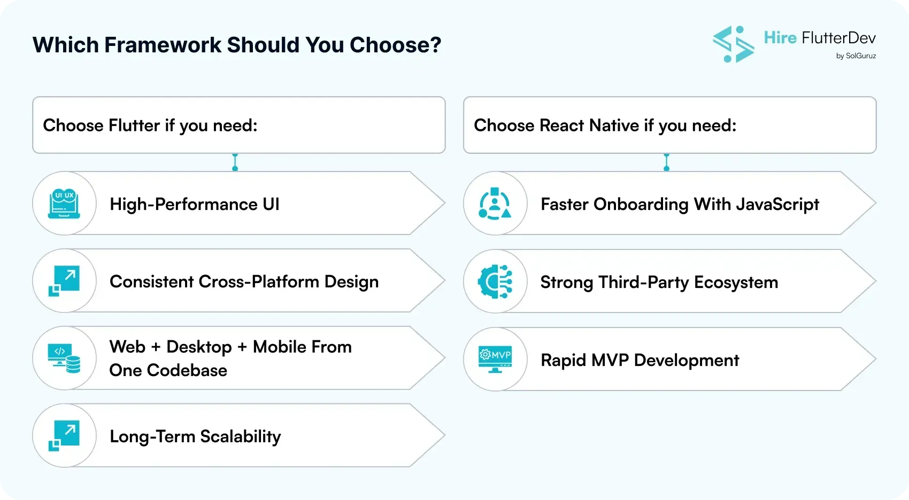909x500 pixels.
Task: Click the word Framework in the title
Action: pyautogui.click(x=163, y=45)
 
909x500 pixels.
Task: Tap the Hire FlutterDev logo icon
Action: pyautogui.click(x=733, y=44)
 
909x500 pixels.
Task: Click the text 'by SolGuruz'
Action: pyautogui.click(x=856, y=56)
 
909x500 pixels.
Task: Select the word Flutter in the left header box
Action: pyautogui.click(x=134, y=126)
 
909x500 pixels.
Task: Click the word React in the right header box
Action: pyautogui.click(x=561, y=126)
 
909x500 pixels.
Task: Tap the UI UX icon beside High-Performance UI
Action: pyautogui.click(x=64, y=204)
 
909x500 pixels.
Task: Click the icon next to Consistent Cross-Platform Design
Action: pyautogui.click(x=64, y=281)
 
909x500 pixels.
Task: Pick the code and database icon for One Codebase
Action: pyautogui.click(x=64, y=358)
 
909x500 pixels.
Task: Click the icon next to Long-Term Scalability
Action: pyautogui.click(x=64, y=436)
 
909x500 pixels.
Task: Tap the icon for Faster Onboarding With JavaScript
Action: pyautogui.click(x=495, y=204)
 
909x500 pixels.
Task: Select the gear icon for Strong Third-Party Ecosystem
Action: pyautogui.click(x=495, y=282)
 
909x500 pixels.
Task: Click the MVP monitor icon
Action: pyautogui.click(x=495, y=360)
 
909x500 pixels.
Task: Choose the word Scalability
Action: pyautogui.click(x=240, y=437)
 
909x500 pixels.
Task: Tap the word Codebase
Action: pyautogui.click(x=187, y=371)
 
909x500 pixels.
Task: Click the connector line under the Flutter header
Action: pyautogui.click(x=235, y=162)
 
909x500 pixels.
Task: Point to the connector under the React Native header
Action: pyautogui.click(x=666, y=162)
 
